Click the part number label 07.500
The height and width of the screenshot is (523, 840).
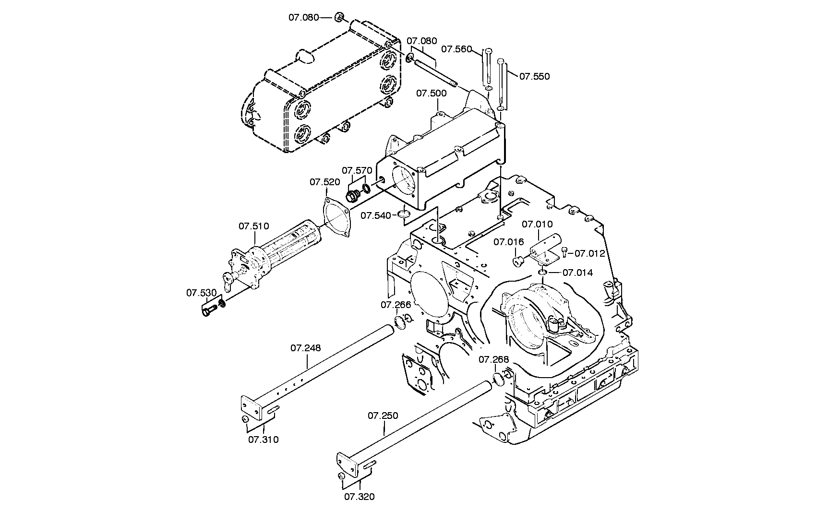pyautogui.click(x=431, y=93)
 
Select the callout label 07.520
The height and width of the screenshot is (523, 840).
pyautogui.click(x=324, y=182)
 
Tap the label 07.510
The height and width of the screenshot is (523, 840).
pyautogui.click(x=254, y=226)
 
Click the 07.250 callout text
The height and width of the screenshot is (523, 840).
pyautogui.click(x=383, y=416)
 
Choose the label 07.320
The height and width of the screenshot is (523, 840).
pyautogui.click(x=359, y=497)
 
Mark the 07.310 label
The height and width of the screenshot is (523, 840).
pyautogui.click(x=263, y=439)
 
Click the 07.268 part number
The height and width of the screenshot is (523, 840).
pyautogui.click(x=493, y=359)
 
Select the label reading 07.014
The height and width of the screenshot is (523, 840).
pyautogui.click(x=577, y=273)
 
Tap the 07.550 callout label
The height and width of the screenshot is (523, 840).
pyautogui.click(x=535, y=76)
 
